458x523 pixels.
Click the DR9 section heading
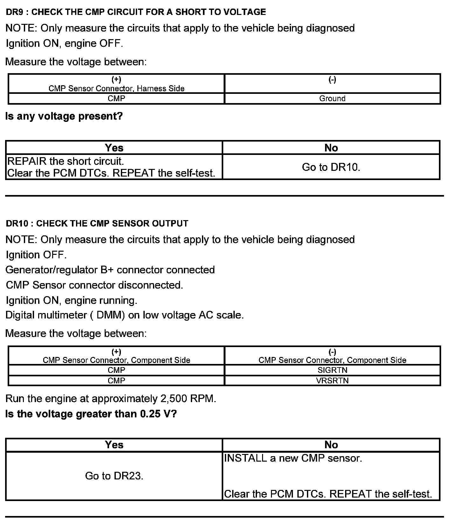[x=136, y=12]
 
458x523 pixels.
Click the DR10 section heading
[x=97, y=223]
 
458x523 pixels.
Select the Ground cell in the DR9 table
[x=332, y=98]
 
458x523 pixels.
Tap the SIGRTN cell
[x=332, y=370]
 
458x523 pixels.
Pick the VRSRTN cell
[x=332, y=380]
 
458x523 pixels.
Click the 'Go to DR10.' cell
[x=331, y=167]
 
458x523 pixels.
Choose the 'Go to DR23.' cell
[x=114, y=476]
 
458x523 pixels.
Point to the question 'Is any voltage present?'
[x=64, y=116]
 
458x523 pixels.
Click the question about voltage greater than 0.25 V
[x=91, y=414]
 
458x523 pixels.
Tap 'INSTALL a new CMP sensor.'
[x=293, y=458]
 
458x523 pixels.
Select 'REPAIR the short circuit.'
[x=66, y=161]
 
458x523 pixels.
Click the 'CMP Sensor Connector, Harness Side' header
[x=116, y=88]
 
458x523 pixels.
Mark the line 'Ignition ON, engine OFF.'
[x=64, y=43]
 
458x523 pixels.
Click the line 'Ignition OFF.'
[x=36, y=255]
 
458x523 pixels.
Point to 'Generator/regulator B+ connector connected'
[x=110, y=270]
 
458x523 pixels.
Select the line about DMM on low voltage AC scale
[x=125, y=315]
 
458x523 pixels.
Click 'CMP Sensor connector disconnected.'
[x=94, y=285]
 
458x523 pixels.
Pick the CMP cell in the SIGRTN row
[x=116, y=370]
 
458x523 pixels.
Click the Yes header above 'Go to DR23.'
[x=114, y=445]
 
